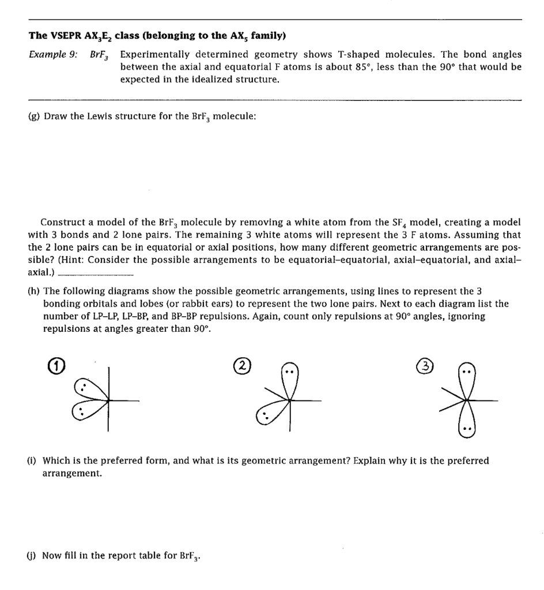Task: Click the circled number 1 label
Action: [x=50, y=365]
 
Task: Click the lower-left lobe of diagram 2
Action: [x=267, y=416]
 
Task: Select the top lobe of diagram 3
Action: [x=469, y=375]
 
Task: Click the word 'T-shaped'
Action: [x=354, y=55]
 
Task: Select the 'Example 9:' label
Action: [x=54, y=55]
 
